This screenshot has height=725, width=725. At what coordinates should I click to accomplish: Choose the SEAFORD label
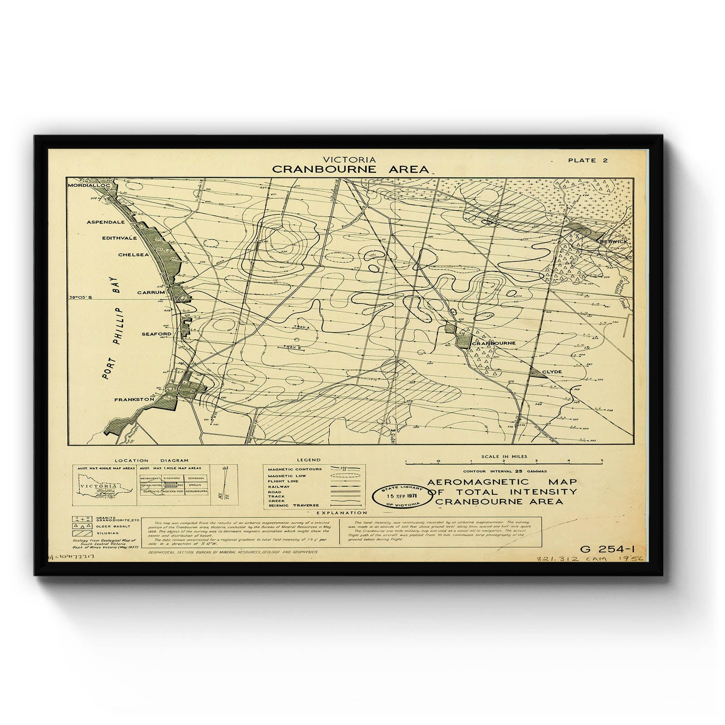pyautogui.click(x=156, y=334)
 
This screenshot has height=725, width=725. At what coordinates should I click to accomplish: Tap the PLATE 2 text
pyautogui.click(x=588, y=160)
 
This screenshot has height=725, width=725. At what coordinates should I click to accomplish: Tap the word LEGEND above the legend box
pyautogui.click(x=309, y=459)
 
